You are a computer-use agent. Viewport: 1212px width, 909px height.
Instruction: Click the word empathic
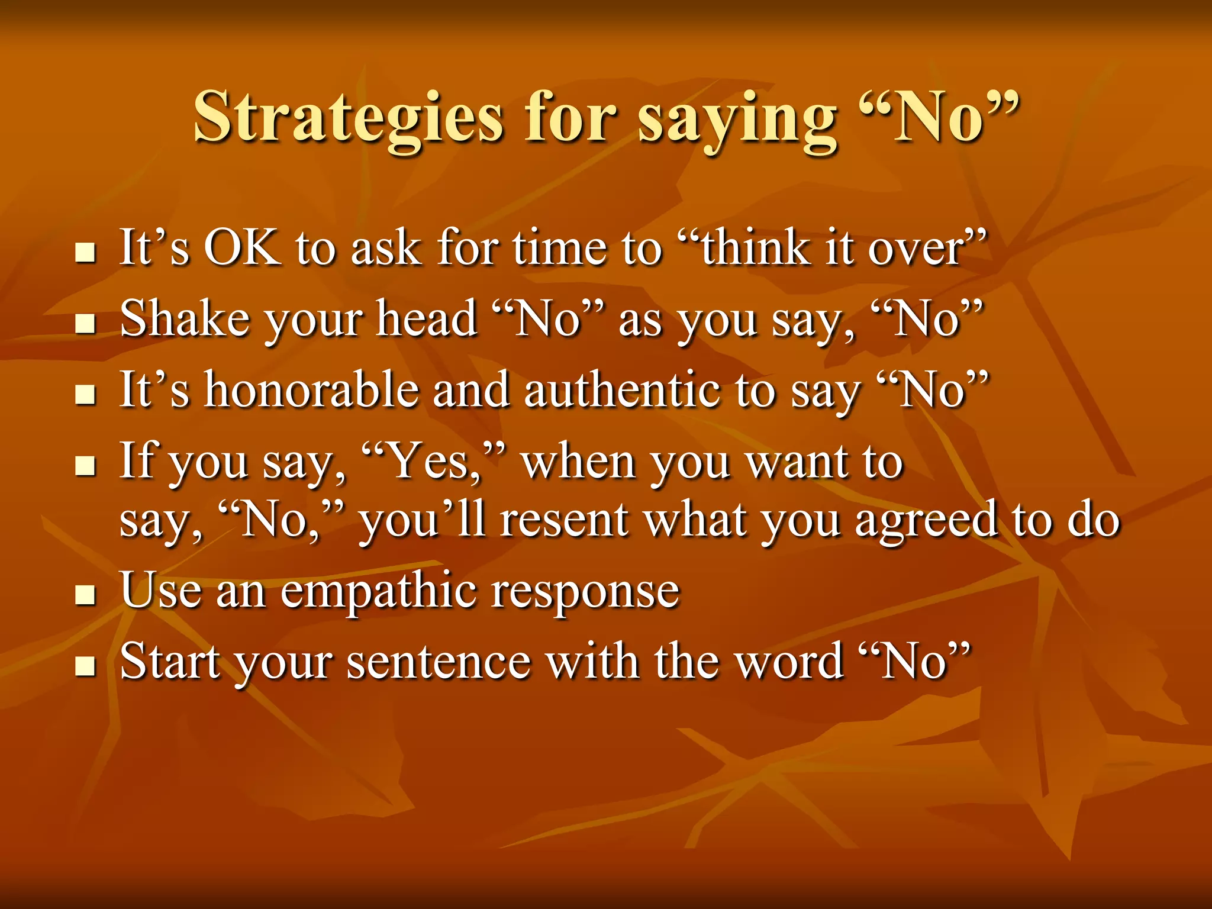pos(378,592)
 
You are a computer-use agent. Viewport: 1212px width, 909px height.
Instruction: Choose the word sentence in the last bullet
pos(439,662)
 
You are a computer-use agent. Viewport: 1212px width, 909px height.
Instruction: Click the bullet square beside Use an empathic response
pos(86,595)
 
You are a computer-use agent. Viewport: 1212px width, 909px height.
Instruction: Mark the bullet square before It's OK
pos(86,252)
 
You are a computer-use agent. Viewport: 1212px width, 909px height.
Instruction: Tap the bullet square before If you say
pos(86,466)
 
